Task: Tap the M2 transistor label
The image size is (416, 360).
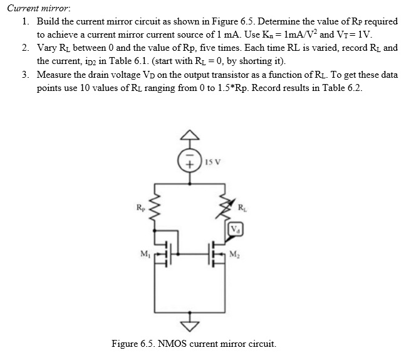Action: click(234, 253)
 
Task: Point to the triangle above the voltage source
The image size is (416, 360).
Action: click(191, 135)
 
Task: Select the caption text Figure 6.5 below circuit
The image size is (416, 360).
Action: click(194, 344)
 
